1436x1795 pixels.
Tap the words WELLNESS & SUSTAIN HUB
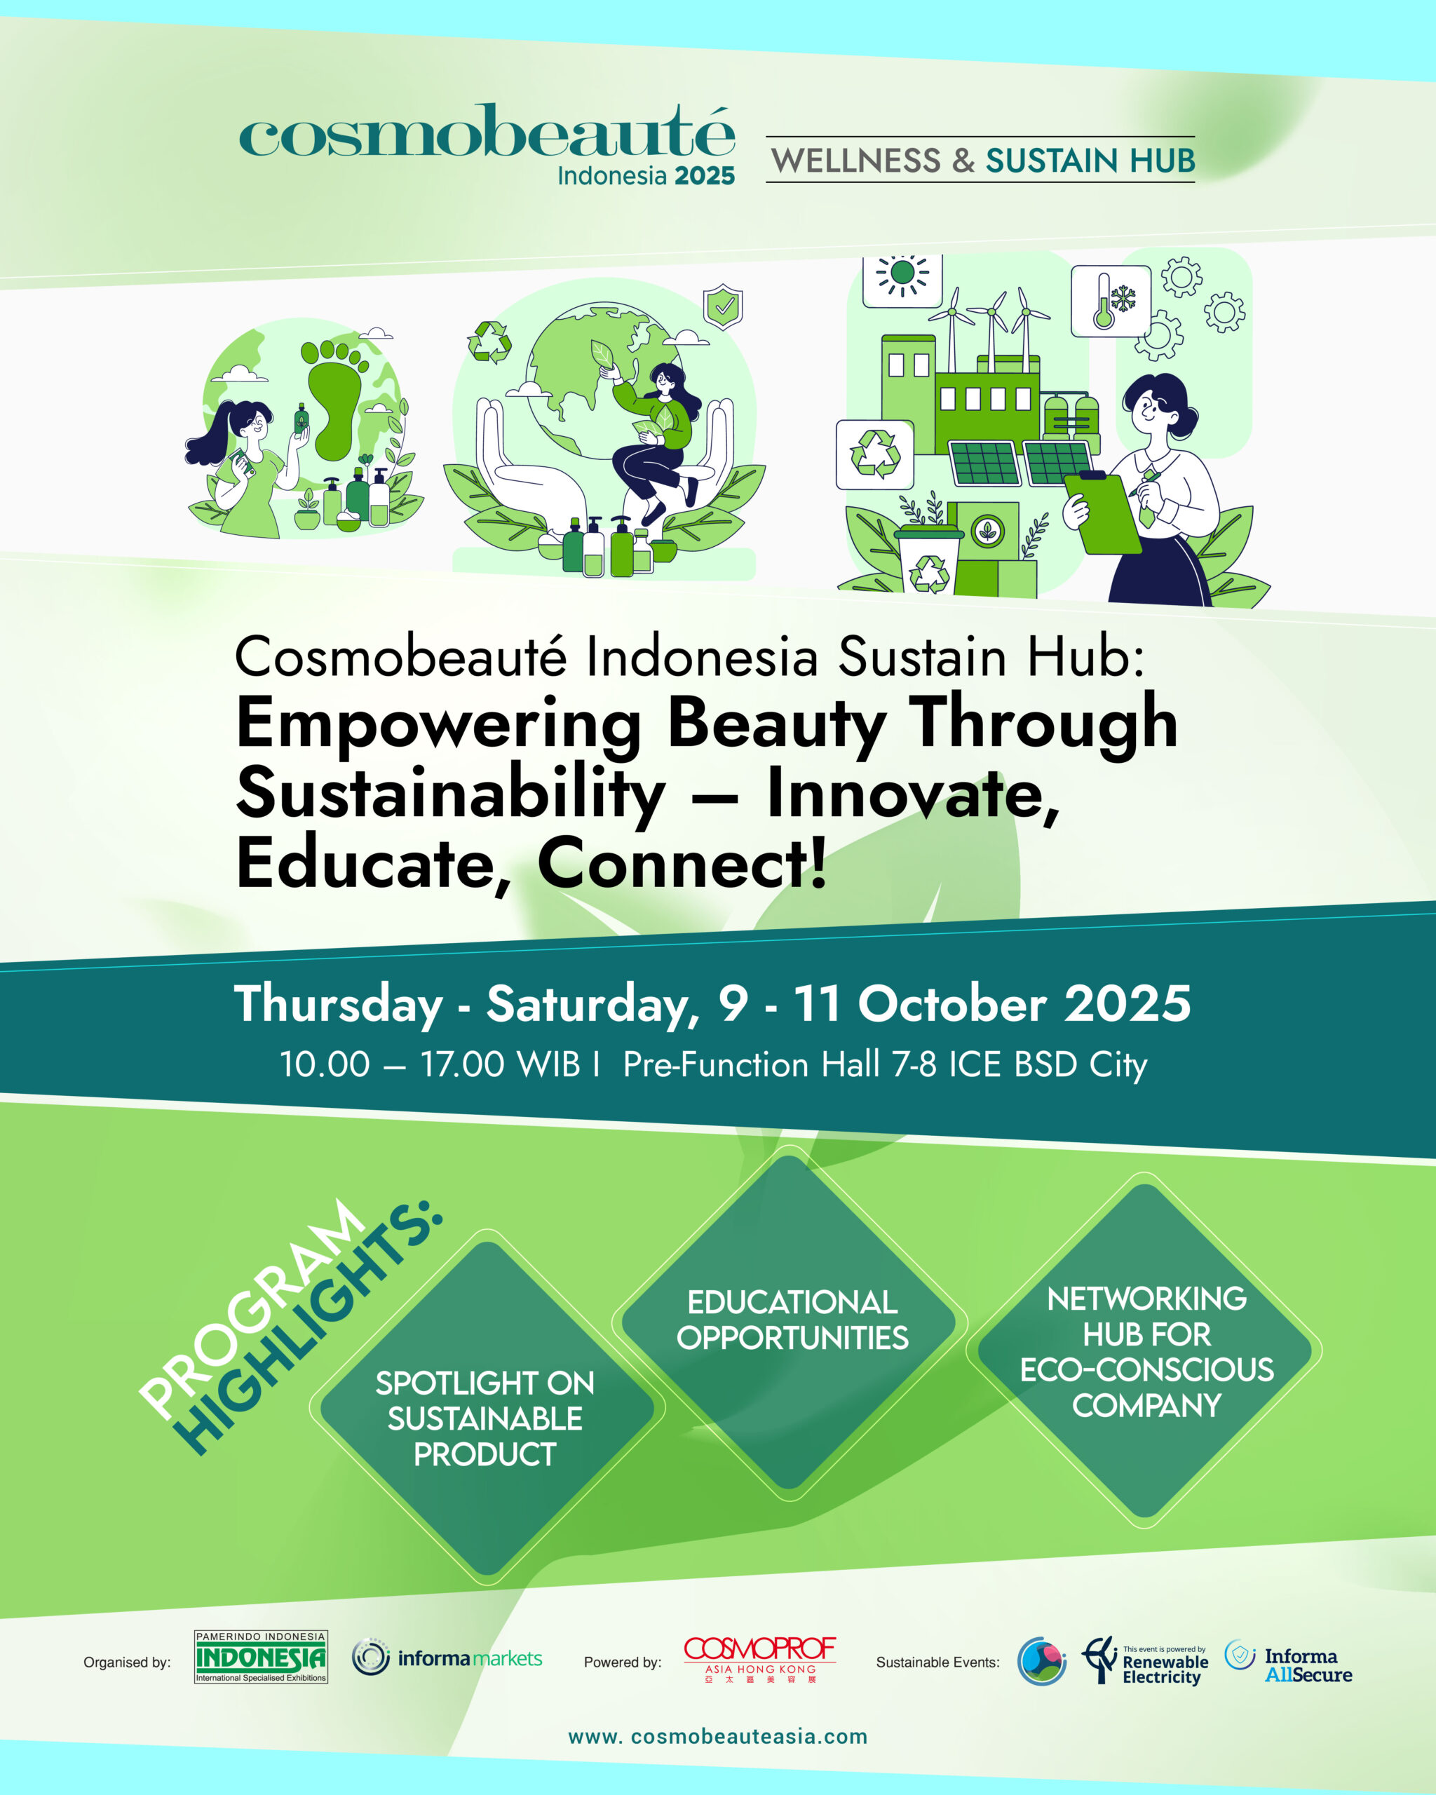983,161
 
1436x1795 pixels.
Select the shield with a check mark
724,307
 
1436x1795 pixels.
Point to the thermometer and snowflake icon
1111,301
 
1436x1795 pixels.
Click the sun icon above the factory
902,274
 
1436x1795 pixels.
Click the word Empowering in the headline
439,725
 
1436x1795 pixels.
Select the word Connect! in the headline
683,863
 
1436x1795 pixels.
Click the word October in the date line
951,1003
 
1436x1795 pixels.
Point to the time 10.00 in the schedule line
325,1065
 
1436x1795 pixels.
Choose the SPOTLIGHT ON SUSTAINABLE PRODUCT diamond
488,1408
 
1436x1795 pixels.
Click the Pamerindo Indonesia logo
261,1657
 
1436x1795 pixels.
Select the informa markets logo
447,1658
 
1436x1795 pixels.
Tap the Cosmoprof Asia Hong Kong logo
760,1659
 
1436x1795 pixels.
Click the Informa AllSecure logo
1289,1663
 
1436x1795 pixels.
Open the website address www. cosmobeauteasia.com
717,1737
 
